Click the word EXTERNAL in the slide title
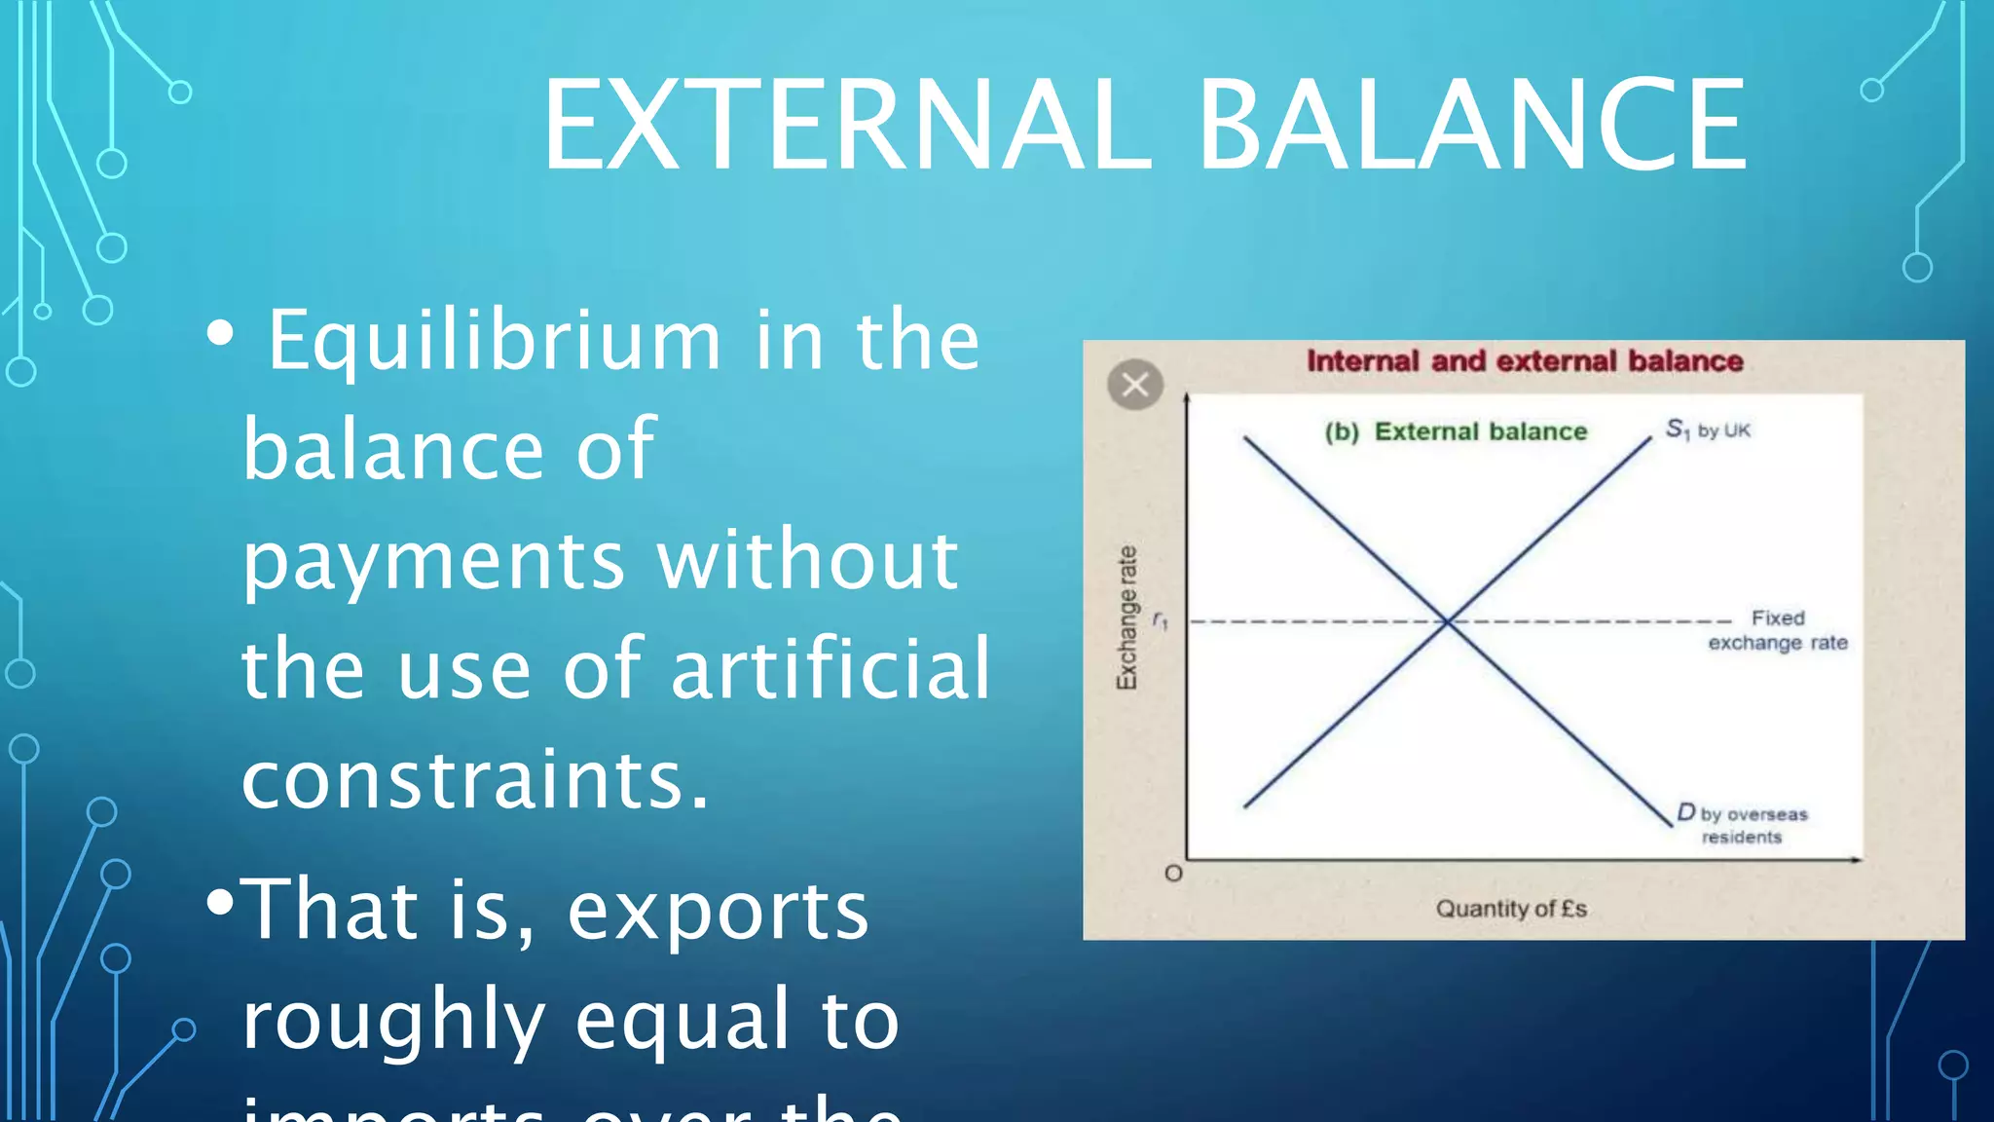tap(846, 127)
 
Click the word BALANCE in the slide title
tap(1471, 127)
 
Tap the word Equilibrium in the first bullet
tap(494, 341)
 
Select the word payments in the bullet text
tap(433, 562)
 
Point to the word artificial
tap(831, 670)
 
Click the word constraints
tap(475, 780)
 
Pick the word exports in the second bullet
tap(718, 911)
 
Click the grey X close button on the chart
tap(1135, 385)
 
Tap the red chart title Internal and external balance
tap(1525, 361)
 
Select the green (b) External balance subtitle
tap(1456, 431)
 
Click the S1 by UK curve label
tap(1707, 430)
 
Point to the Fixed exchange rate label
tap(1778, 630)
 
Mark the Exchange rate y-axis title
tap(1126, 618)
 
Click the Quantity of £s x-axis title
tap(1511, 909)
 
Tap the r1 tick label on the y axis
tap(1160, 619)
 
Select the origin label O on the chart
tap(1173, 874)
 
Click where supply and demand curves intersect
tap(1448, 620)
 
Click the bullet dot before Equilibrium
tap(221, 334)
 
